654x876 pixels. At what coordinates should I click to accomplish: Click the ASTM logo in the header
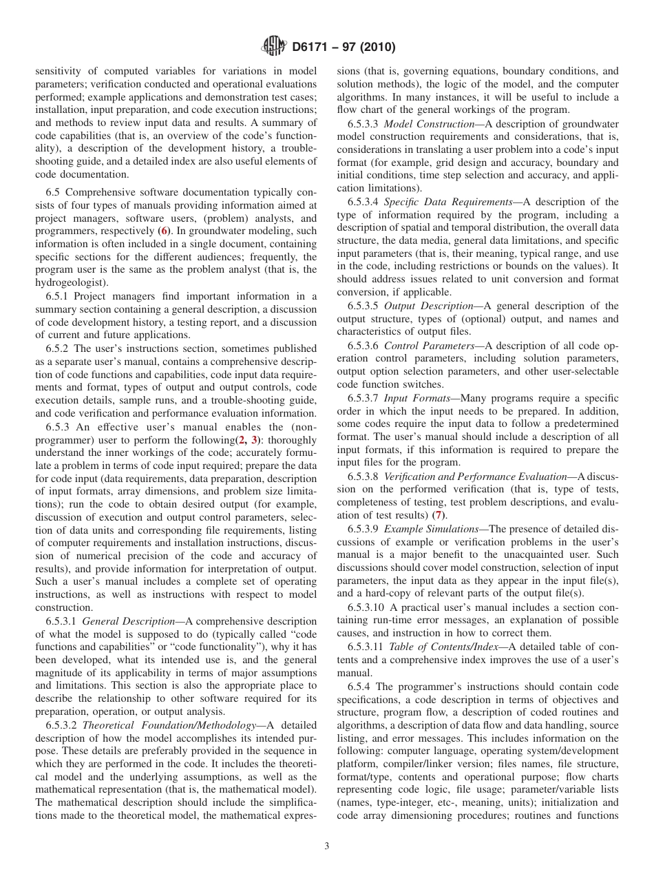pos(275,48)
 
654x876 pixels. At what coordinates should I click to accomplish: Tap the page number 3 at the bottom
pos(327,847)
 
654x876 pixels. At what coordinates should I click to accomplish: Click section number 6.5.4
pos(361,687)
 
